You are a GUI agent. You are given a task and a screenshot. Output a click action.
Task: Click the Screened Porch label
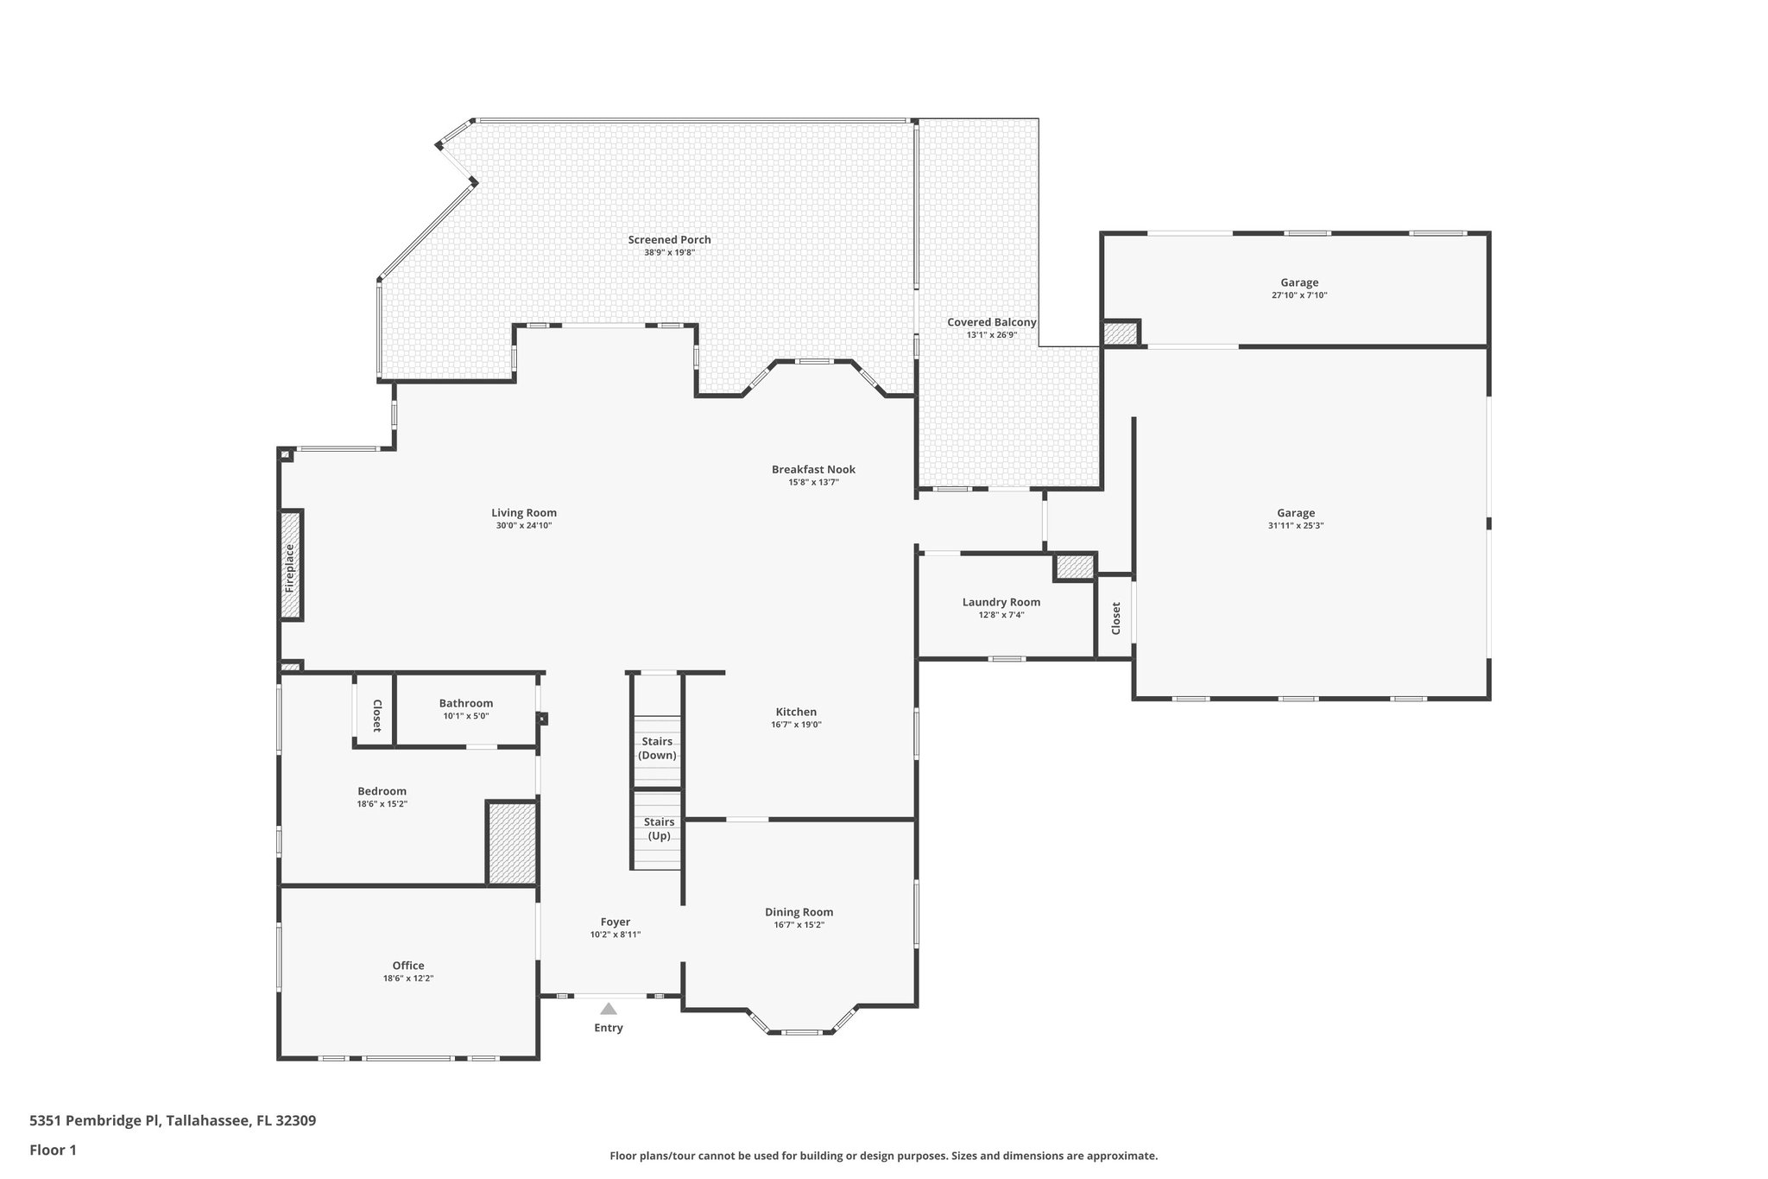(x=669, y=240)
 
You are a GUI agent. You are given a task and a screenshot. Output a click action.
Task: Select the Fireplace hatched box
(x=291, y=565)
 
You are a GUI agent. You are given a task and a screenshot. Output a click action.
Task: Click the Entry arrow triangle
(x=609, y=1008)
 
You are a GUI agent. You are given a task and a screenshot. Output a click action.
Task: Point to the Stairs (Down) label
(x=657, y=748)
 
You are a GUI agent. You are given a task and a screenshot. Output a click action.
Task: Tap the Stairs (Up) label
(x=659, y=829)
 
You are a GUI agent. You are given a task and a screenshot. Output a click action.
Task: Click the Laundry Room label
(x=1001, y=602)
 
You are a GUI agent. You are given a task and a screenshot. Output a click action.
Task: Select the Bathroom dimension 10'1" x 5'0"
(x=465, y=716)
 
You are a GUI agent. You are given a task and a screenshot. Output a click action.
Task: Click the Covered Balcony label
(x=991, y=322)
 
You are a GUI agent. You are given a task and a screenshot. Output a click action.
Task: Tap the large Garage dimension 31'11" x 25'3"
(x=1296, y=525)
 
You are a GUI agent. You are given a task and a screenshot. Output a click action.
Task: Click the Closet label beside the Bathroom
(x=376, y=716)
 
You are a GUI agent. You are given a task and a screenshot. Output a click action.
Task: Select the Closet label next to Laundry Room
(x=1115, y=618)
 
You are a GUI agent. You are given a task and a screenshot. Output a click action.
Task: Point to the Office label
(x=407, y=966)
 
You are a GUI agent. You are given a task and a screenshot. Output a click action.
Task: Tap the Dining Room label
(x=799, y=912)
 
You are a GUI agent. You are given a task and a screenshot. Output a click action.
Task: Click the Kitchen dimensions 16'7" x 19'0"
(x=796, y=725)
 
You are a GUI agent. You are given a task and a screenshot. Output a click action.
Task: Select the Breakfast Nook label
(x=813, y=470)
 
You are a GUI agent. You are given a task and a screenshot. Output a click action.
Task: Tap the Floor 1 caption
(x=54, y=1150)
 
